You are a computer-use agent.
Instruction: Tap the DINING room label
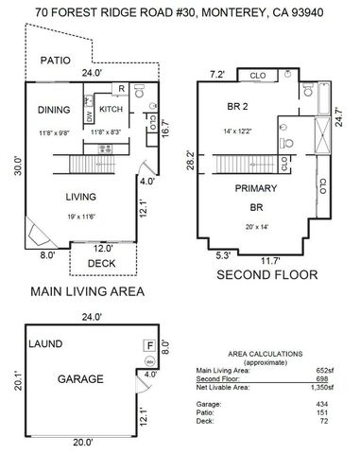point(53,110)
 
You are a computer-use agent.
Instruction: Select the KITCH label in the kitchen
point(111,110)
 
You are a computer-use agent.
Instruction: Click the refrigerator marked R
point(122,89)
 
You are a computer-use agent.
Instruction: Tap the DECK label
point(101,264)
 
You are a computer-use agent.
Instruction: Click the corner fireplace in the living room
point(34,231)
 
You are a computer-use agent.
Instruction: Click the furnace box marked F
point(148,346)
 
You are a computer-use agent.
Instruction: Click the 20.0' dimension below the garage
point(83,441)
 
